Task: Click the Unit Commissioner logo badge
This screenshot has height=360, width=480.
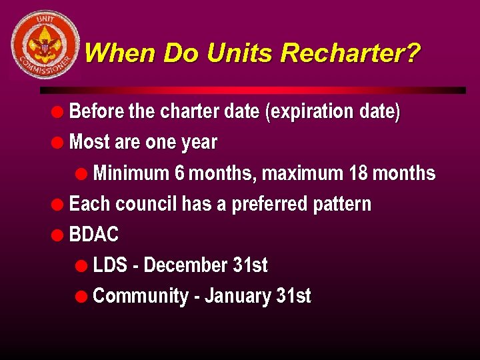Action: (45, 45)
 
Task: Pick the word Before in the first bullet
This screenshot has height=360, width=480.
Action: (96, 111)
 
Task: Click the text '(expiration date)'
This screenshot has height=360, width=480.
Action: (333, 112)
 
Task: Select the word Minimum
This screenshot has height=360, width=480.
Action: (131, 173)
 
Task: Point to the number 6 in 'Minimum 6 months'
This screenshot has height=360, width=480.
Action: (179, 173)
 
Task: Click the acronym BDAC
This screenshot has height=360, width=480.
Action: (94, 235)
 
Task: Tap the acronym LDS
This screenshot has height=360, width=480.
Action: (110, 265)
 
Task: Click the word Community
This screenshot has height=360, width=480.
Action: (140, 296)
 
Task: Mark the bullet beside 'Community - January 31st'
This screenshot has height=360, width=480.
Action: (81, 296)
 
